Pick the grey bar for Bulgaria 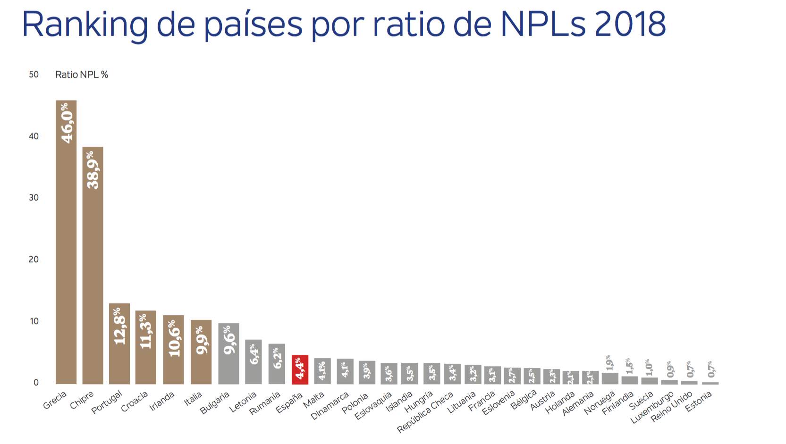click(x=228, y=353)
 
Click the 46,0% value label click(x=67, y=123)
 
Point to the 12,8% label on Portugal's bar click(x=119, y=326)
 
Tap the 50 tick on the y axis click(x=34, y=75)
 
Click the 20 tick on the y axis click(x=34, y=260)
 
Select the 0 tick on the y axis click(x=36, y=383)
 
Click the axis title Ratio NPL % click(x=82, y=75)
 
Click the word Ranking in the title click(x=85, y=25)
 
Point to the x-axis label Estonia click(x=698, y=402)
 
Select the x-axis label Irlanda click(x=162, y=402)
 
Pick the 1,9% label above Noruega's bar click(x=609, y=362)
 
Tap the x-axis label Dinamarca click(x=330, y=406)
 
